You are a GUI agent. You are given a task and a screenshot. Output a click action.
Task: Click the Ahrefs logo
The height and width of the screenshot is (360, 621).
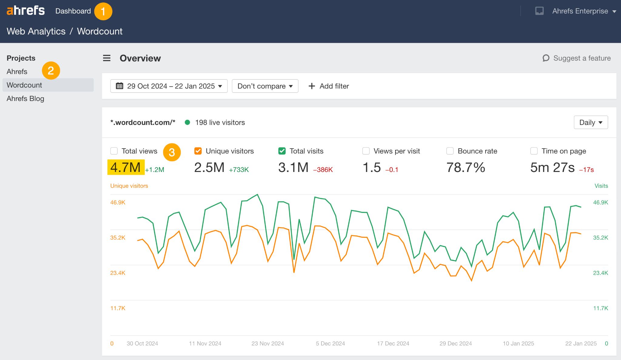(x=25, y=11)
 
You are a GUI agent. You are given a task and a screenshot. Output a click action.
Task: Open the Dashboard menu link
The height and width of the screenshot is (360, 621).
(x=73, y=11)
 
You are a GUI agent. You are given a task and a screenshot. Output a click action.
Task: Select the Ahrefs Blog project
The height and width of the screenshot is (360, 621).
(x=25, y=99)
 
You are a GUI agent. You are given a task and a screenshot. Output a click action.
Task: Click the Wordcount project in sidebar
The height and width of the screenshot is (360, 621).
(x=25, y=85)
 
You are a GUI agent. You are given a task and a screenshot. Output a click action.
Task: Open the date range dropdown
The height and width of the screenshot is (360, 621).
(x=169, y=86)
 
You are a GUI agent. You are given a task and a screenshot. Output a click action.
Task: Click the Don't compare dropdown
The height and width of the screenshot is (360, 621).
(x=265, y=86)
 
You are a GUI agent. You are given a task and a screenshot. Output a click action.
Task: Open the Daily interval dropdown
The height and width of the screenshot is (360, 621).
(x=590, y=123)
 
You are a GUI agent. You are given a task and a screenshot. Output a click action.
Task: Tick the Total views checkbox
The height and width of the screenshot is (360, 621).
(x=114, y=151)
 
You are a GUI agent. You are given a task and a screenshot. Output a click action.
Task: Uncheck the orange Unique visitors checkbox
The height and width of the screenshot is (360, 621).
(x=198, y=151)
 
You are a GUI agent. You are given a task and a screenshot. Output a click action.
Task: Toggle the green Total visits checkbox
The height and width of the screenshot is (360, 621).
(x=282, y=151)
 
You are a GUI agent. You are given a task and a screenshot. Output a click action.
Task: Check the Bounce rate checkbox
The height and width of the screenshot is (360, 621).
(x=450, y=151)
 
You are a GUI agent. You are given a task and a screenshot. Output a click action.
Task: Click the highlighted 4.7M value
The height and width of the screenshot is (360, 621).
(x=126, y=167)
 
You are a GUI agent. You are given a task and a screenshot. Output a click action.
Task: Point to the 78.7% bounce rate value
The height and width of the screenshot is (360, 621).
(x=466, y=167)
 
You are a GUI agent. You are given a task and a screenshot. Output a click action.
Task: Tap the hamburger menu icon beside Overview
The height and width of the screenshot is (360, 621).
(x=107, y=58)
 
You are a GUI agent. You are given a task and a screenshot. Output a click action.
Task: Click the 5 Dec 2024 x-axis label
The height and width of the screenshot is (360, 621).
(x=330, y=343)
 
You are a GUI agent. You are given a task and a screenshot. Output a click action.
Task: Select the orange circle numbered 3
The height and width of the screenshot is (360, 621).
(x=172, y=152)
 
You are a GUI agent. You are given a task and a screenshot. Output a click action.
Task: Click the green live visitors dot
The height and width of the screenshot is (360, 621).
(x=187, y=123)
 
